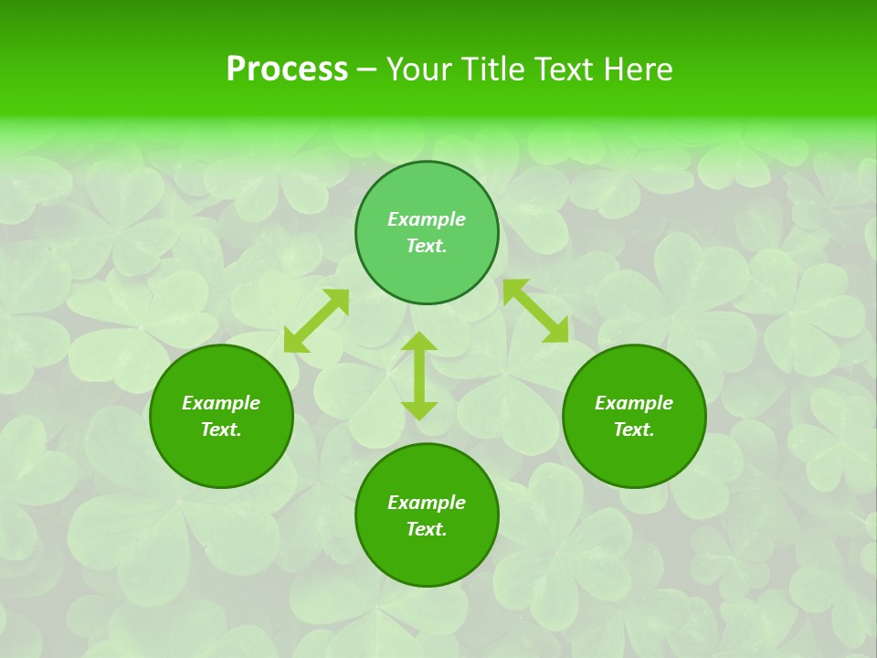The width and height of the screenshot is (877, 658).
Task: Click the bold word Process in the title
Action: click(287, 69)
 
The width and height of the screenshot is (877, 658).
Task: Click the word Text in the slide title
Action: click(565, 69)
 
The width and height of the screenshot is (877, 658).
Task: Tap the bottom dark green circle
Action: click(427, 557)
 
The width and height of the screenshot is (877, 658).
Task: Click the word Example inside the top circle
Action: click(427, 219)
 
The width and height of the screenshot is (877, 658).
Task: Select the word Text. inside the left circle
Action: click(221, 430)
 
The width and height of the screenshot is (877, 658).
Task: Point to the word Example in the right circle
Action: click(634, 403)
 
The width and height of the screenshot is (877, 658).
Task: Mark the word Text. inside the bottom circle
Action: click(427, 529)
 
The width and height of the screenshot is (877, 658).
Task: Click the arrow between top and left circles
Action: click(316, 321)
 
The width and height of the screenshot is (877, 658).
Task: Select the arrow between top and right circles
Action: click(535, 312)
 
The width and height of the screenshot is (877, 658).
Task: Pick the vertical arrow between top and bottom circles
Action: click(419, 376)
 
